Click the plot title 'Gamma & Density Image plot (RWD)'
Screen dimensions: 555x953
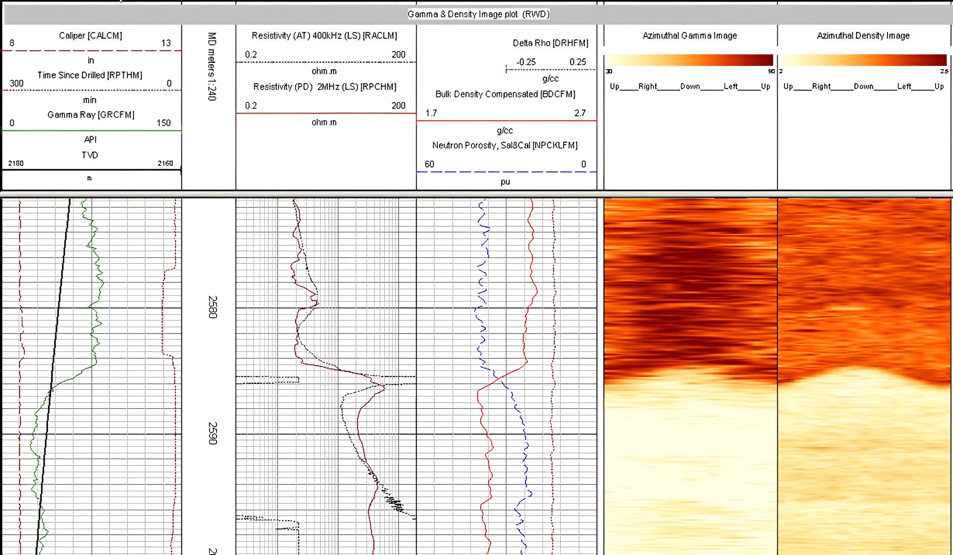pos(478,14)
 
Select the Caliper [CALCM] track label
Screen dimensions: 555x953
pos(90,36)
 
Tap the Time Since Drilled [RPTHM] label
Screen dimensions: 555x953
pos(90,75)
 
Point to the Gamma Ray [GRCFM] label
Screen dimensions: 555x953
pos(91,115)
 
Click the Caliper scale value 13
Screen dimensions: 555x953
pos(166,43)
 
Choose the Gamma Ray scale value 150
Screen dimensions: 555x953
pos(164,123)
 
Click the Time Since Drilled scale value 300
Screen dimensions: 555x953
pos(17,84)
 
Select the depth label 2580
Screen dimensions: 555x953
pos(213,307)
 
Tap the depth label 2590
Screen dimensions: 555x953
pos(213,433)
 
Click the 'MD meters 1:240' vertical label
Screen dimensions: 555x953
pos(212,66)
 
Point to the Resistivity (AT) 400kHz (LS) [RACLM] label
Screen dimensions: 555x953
pos(324,36)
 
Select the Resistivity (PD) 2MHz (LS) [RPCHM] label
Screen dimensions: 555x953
pos(325,87)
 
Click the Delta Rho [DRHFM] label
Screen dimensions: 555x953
pos(550,43)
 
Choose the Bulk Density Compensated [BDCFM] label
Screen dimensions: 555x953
pos(505,94)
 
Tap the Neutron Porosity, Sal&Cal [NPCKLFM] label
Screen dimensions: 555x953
pos(505,145)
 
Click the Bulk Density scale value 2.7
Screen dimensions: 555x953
pos(580,113)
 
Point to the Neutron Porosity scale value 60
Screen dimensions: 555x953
pos(429,164)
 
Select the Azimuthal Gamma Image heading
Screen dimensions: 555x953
pos(689,36)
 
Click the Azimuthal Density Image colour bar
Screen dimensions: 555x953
pos(863,60)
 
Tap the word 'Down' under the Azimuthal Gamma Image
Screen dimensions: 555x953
pos(690,87)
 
